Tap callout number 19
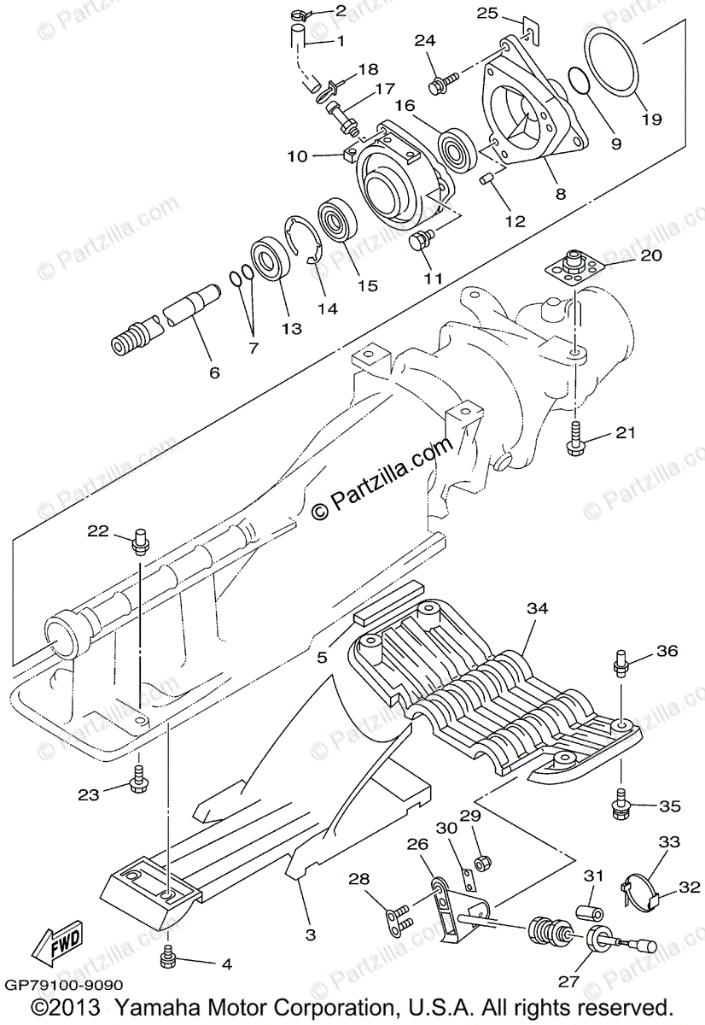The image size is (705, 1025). point(651,120)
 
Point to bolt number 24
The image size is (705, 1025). point(440,82)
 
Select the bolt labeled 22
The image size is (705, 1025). point(142,542)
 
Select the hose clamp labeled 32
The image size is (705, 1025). point(641,888)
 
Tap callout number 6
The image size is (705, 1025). point(213,372)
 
